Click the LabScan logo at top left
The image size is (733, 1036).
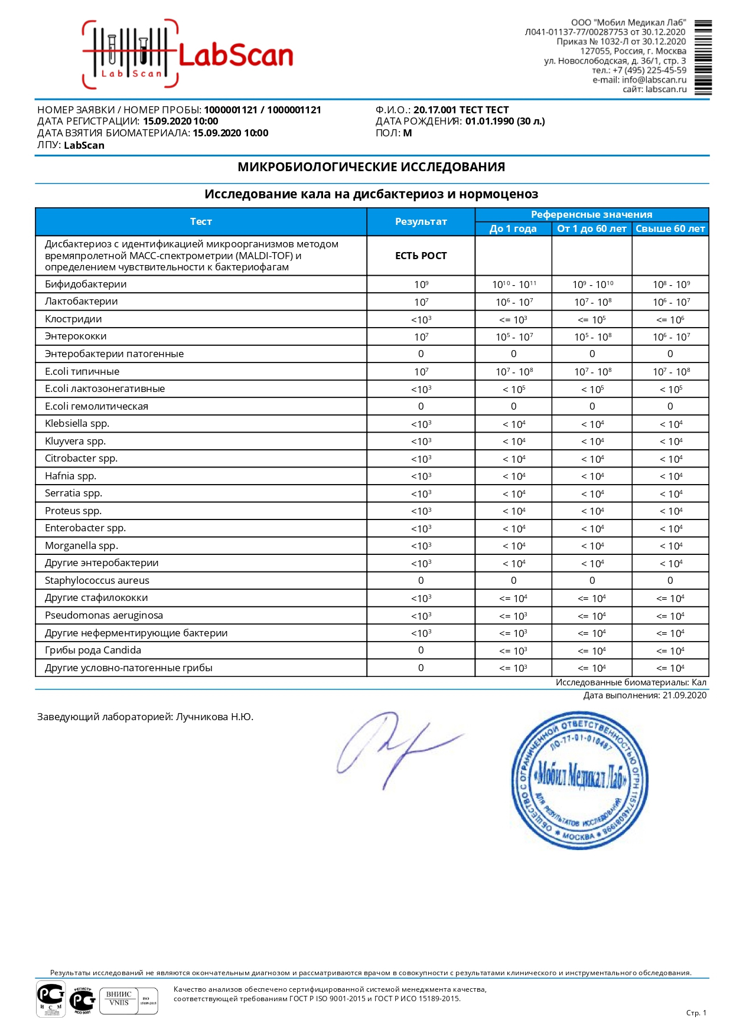(x=188, y=54)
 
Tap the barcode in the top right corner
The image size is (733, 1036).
(x=703, y=57)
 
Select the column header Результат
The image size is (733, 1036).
(x=421, y=221)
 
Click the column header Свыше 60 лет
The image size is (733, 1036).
(x=670, y=228)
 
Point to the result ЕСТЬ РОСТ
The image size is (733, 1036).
(x=421, y=256)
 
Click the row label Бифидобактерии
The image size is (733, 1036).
(x=86, y=284)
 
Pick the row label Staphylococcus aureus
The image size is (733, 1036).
(x=97, y=580)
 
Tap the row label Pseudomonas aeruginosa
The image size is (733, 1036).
(x=103, y=615)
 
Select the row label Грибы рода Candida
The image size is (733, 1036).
(x=93, y=650)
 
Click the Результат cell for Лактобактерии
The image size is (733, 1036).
(x=421, y=302)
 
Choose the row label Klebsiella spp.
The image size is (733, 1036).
(x=77, y=423)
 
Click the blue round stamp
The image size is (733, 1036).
(x=579, y=780)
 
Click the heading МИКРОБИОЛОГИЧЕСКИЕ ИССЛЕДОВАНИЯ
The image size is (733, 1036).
(x=371, y=167)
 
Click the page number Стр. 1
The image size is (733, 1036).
(x=696, y=1012)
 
